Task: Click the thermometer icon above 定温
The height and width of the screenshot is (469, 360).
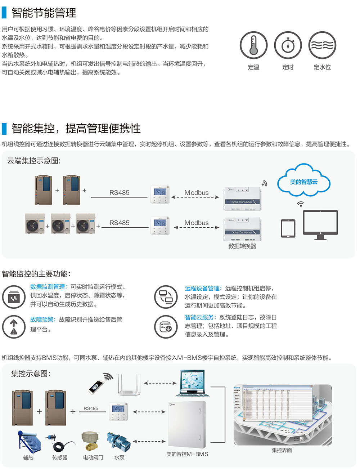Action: coord(253,45)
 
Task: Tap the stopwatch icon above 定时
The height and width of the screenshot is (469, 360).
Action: coord(288,45)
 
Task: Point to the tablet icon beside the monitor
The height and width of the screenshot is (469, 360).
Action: coord(288,228)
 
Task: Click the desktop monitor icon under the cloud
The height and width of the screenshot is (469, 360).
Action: coord(320,224)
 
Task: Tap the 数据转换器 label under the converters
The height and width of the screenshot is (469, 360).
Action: coord(242,246)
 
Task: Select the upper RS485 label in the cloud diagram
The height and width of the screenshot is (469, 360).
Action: coord(119,193)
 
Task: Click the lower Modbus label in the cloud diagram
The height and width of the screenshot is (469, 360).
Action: coord(196,223)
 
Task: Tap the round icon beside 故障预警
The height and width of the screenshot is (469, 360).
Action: coord(14,327)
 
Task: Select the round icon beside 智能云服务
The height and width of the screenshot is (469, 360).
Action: coord(166,327)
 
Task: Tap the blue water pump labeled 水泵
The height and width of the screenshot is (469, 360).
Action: coord(118,442)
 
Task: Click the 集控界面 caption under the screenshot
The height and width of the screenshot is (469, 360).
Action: coord(282,450)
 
